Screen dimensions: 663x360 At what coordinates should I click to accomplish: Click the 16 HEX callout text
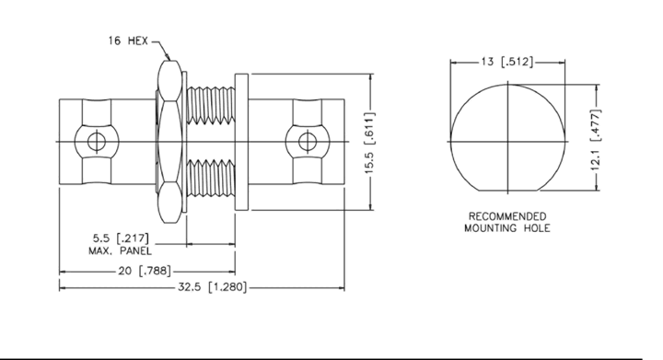click(128, 41)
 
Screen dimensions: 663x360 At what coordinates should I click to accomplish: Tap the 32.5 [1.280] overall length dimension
click(212, 287)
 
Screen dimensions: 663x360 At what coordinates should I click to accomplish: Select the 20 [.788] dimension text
click(145, 271)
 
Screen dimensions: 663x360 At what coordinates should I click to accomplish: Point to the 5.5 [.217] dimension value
click(121, 238)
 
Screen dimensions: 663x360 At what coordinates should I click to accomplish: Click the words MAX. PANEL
click(120, 251)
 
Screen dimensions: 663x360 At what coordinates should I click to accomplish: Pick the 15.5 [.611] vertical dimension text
click(369, 143)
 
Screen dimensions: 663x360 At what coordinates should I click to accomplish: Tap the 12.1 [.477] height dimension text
click(595, 140)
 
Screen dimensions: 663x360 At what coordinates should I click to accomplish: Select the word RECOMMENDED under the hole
click(507, 216)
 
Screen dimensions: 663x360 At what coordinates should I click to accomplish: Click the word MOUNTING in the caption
click(492, 228)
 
